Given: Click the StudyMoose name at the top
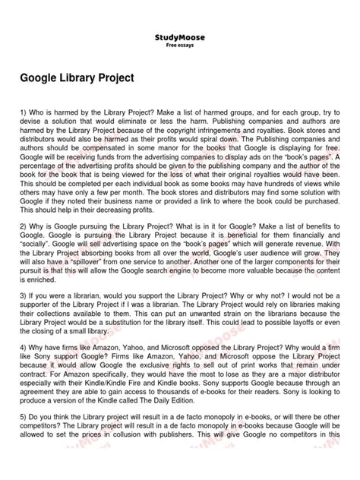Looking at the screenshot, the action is pyautogui.click(x=179, y=36).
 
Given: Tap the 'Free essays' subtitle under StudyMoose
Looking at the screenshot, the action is pyautogui.click(x=179, y=44).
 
